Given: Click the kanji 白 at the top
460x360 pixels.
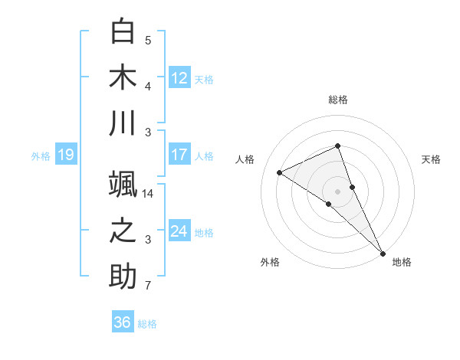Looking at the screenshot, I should tap(124, 31).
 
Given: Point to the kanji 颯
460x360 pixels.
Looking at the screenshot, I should tap(124, 185).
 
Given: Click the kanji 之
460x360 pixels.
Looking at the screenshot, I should tap(124, 231).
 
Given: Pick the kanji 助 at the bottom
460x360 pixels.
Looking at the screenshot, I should tap(124, 277).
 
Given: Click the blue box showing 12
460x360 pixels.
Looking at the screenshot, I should tap(179, 77).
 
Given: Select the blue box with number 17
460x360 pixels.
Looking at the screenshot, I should tap(179, 155).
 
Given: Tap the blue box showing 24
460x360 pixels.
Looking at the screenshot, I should tap(179, 231).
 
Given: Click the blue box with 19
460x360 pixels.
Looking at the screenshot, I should tap(65, 155).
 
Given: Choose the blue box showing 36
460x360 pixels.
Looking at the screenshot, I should tap(122, 322).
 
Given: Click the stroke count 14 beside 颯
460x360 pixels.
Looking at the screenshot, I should tap(149, 194).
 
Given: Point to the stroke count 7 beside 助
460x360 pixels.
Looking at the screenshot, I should tap(148, 286).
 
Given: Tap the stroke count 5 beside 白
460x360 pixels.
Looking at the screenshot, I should tap(148, 41).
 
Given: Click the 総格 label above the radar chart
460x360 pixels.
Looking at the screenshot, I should tap(338, 100).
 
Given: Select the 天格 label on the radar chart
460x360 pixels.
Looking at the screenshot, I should tap(431, 159).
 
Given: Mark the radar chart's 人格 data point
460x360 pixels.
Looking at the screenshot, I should tap(280, 172).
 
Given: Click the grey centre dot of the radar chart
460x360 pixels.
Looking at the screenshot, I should tap(337, 190).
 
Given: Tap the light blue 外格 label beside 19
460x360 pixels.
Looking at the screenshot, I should tap(41, 156).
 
